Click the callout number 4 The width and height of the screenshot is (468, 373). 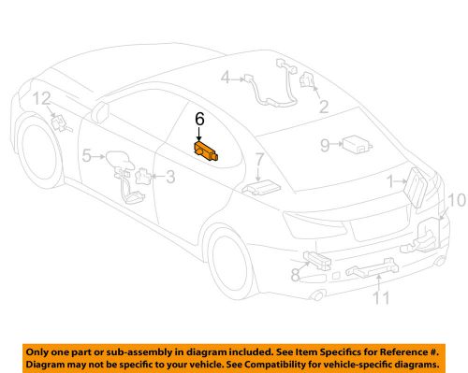pos(225,79)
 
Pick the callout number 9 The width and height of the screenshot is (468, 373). pos(324,145)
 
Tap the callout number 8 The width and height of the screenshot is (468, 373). pos(295,274)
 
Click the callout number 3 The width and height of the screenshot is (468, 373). pos(169,176)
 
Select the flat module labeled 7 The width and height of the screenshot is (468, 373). pos(258,187)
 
